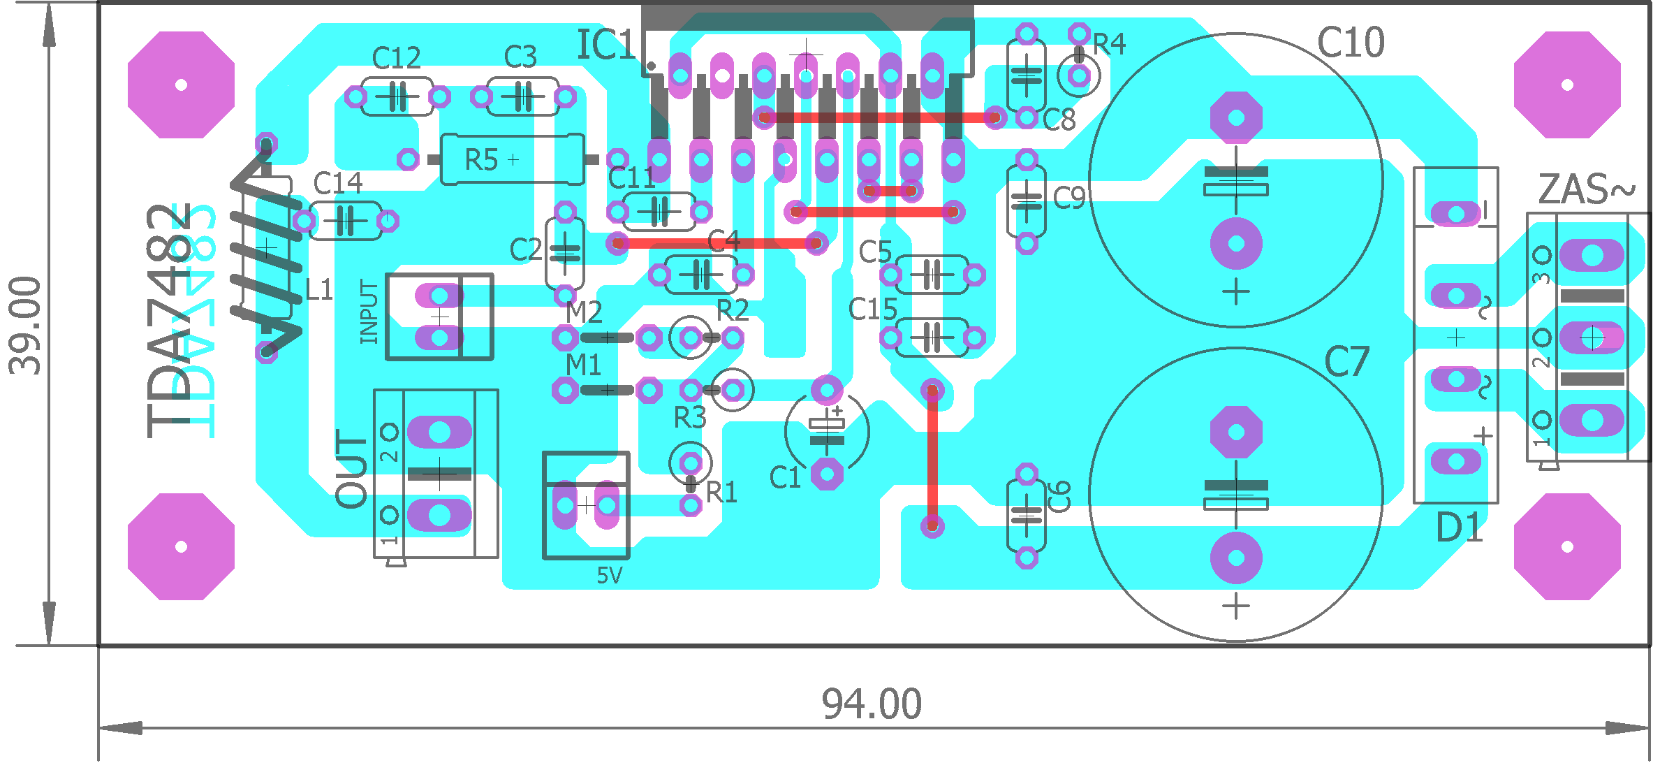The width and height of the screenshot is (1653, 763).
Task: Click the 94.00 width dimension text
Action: click(x=871, y=704)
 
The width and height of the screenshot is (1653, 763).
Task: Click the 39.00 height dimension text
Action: click(x=26, y=326)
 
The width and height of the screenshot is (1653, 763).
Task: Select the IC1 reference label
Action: click(x=605, y=45)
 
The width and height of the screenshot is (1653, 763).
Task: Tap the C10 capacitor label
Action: click(x=1350, y=43)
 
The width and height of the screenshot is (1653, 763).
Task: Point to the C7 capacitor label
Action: click(x=1346, y=362)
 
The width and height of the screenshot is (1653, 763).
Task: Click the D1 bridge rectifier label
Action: click(x=1459, y=528)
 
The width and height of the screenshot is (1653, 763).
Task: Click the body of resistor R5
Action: click(x=512, y=160)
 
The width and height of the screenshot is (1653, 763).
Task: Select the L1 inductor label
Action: click(x=319, y=289)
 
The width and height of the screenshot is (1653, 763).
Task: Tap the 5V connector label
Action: click(x=609, y=576)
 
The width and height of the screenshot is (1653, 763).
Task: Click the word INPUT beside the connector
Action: click(x=369, y=312)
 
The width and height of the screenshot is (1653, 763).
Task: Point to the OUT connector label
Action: click(x=352, y=468)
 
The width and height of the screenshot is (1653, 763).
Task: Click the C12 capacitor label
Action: click(x=396, y=58)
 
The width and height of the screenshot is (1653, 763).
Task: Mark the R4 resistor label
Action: click(x=1109, y=45)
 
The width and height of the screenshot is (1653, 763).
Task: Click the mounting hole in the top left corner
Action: click(x=181, y=85)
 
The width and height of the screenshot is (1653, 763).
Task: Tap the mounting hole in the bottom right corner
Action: click(x=1566, y=546)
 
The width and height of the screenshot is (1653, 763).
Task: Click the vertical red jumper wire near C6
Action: click(x=932, y=458)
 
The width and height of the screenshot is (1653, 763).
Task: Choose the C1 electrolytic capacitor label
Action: click(x=784, y=478)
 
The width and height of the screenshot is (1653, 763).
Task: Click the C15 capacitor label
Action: click(x=872, y=309)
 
